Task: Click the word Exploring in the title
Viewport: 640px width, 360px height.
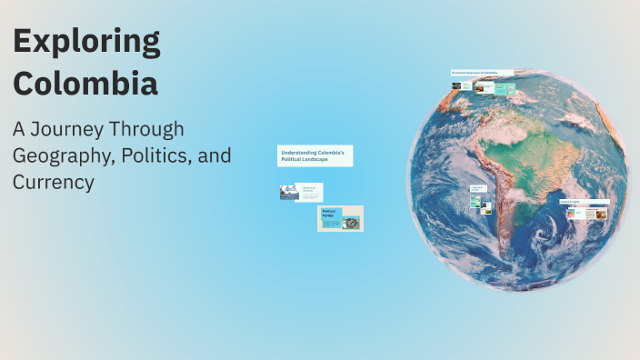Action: tap(86, 43)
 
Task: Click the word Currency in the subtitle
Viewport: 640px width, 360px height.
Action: tap(54, 182)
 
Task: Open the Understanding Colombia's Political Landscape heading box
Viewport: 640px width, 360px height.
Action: tap(315, 155)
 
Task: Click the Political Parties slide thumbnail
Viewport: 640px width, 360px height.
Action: tap(340, 218)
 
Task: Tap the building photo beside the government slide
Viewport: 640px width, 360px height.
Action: tap(288, 192)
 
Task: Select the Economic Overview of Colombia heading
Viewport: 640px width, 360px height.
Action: tap(481, 73)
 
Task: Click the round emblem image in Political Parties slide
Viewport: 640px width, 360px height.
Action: tap(351, 222)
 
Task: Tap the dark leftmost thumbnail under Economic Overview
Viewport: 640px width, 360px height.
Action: tap(456, 87)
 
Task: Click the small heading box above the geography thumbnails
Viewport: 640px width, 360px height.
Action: tap(477, 189)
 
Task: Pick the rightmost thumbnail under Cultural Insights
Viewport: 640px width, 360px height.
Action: tap(600, 214)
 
